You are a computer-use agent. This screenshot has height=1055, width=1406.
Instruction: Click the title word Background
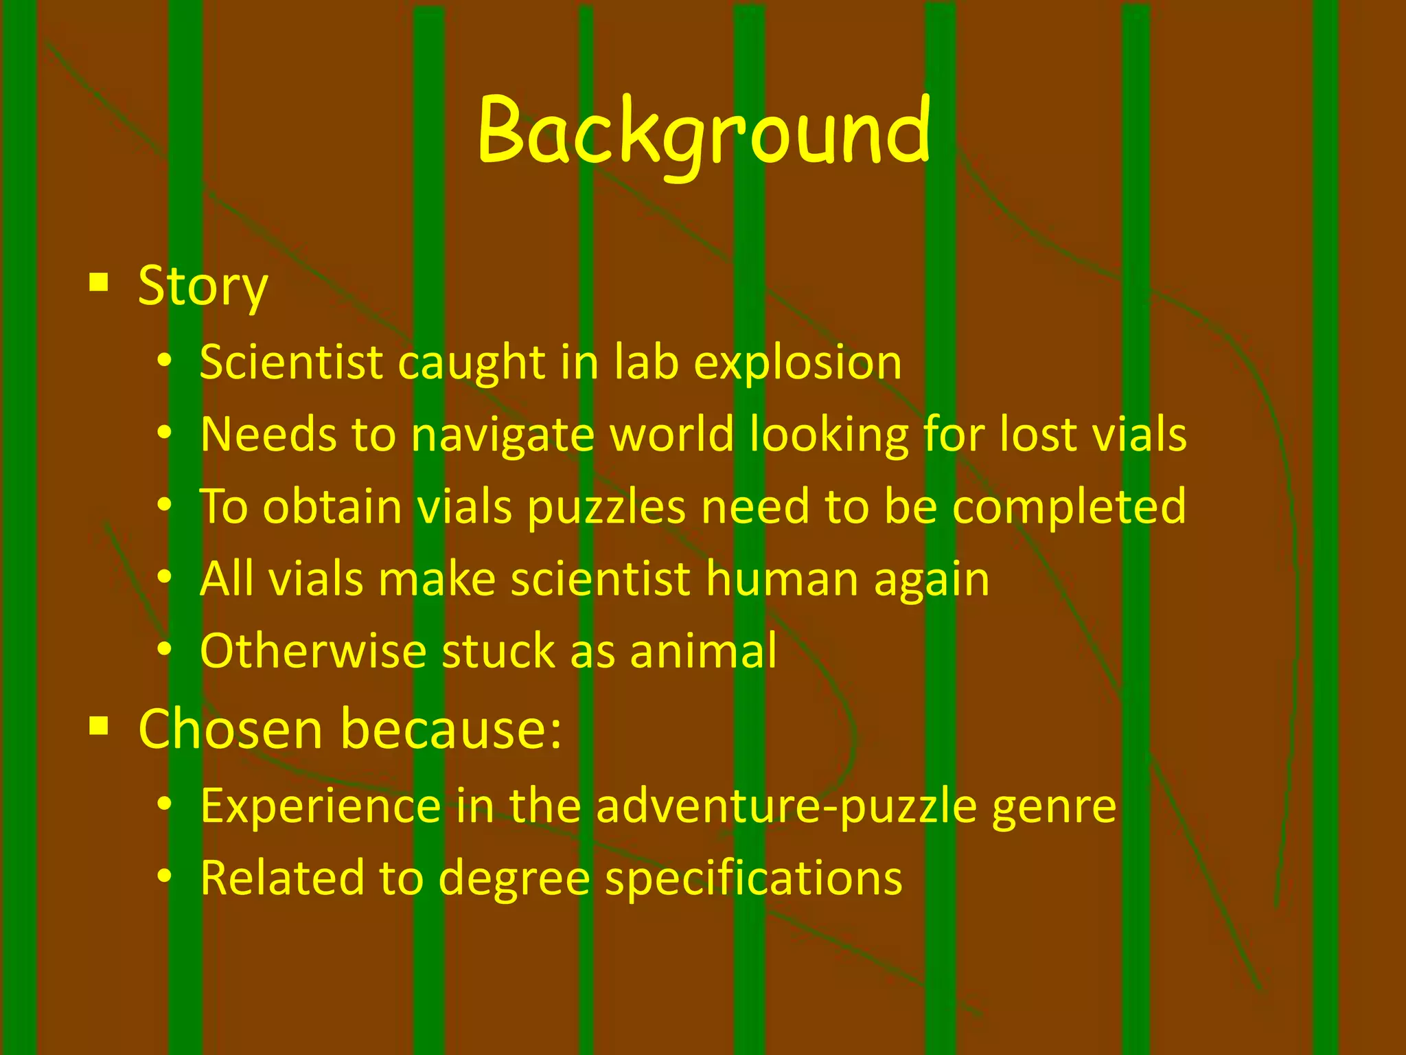click(704, 132)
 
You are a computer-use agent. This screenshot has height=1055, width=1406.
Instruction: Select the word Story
click(203, 286)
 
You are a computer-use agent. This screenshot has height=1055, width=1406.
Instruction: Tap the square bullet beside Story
click(99, 282)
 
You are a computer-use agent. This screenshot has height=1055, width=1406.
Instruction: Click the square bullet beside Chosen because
click(99, 725)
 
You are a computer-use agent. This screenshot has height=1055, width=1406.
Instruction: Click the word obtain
click(333, 507)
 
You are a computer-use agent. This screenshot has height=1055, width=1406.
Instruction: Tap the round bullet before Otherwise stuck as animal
click(163, 648)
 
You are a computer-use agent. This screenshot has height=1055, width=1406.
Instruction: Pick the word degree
click(514, 880)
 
